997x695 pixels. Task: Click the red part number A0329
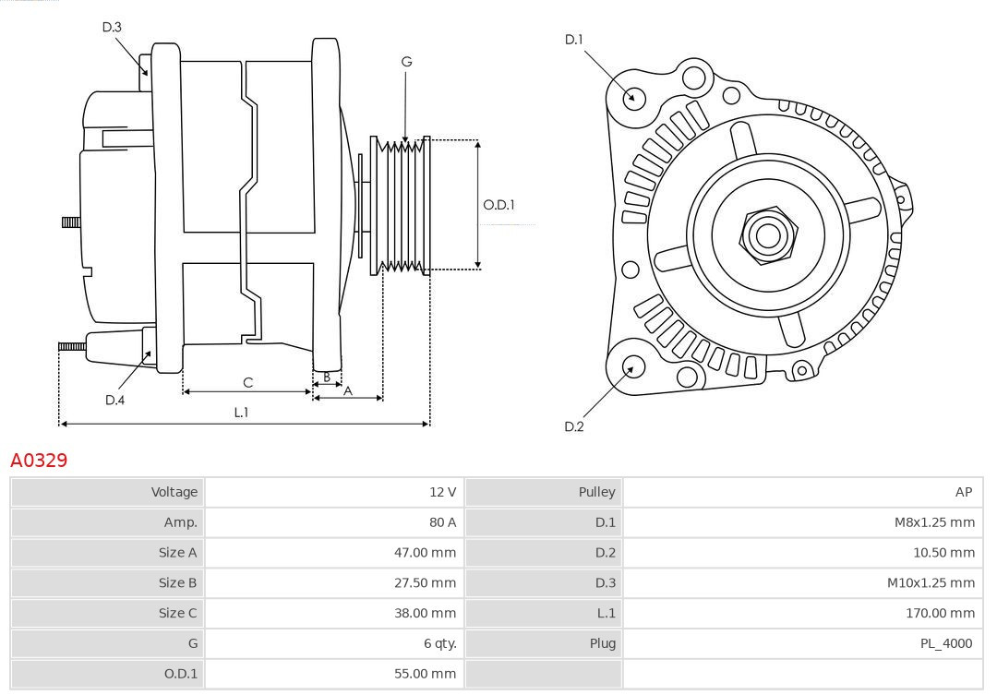click(x=39, y=460)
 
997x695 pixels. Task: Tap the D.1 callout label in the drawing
click(x=574, y=39)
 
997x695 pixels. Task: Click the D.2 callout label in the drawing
click(x=574, y=426)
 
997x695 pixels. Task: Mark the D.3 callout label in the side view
click(x=112, y=27)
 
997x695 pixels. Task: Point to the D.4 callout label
click(x=114, y=400)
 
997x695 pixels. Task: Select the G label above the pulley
click(x=406, y=62)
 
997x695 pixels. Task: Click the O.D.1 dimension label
click(x=498, y=205)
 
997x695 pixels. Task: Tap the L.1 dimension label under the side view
click(x=240, y=413)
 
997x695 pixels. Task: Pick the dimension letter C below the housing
click(x=247, y=382)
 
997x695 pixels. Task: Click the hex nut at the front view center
click(x=767, y=234)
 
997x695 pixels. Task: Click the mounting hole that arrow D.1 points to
click(x=634, y=97)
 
